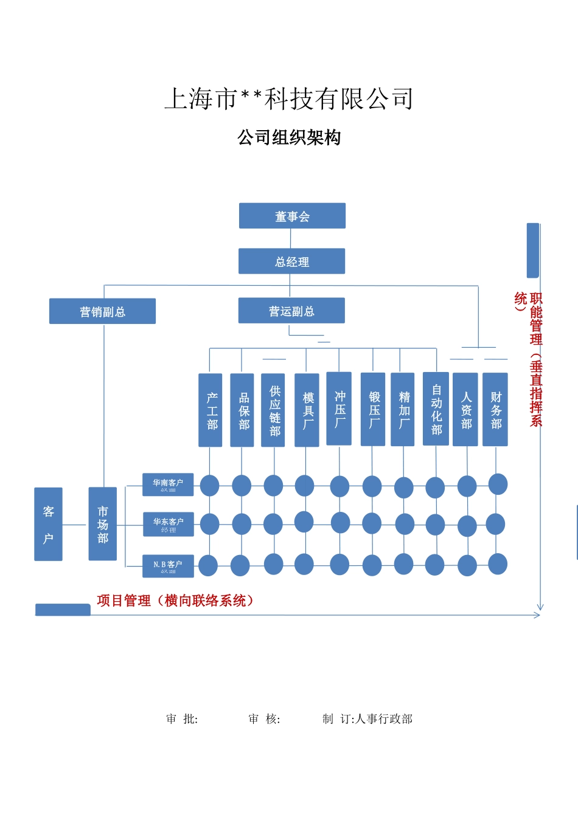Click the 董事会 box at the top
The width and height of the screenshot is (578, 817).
tap(292, 216)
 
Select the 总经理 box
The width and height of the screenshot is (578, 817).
tap(291, 261)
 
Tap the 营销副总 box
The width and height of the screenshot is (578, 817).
tap(102, 311)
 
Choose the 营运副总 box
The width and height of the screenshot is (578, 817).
tap(291, 311)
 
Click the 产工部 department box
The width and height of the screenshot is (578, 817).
tap(211, 410)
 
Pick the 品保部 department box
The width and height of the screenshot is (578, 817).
tap(242, 410)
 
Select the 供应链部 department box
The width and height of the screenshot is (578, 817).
tap(273, 410)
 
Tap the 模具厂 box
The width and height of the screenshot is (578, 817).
tap(307, 410)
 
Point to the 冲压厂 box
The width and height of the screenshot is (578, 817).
tap(339, 408)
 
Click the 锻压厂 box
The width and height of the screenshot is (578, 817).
tap(373, 409)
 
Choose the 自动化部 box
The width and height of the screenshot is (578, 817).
tap(436, 408)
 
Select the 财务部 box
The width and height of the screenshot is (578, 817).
tap(495, 410)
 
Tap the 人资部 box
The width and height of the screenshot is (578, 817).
tap(465, 410)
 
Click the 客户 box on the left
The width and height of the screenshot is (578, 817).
tap(48, 524)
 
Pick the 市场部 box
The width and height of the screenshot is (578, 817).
tap(103, 524)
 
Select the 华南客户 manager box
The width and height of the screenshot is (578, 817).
tap(168, 484)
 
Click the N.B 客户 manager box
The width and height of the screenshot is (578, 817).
tap(168, 566)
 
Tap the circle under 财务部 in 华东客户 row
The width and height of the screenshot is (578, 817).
tap(495, 524)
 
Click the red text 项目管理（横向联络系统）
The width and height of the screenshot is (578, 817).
tap(175, 601)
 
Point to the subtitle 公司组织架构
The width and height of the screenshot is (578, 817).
tap(289, 138)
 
